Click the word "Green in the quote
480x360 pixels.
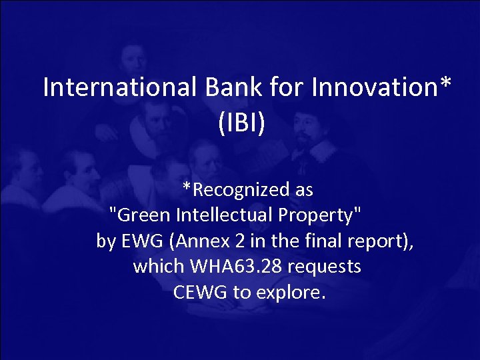pos(141,215)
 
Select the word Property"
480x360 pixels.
pos(320,215)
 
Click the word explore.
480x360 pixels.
pos(294,292)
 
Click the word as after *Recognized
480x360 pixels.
pos(303,190)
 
